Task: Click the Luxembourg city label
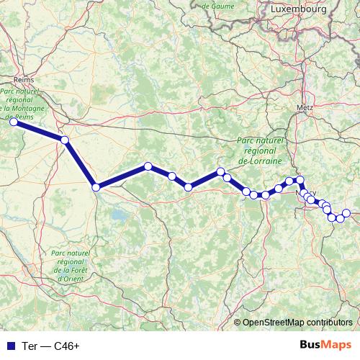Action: coord(299,9)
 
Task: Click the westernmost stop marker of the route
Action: coord(13,122)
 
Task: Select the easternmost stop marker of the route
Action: coord(346,212)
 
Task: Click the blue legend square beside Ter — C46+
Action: coord(8,346)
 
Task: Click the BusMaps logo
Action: coord(326,346)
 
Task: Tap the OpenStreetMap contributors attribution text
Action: coord(298,322)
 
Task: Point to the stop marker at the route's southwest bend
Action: coord(96,187)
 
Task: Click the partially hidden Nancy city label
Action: coord(304,192)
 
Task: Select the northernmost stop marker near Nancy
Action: coord(300,179)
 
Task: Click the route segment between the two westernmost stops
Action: coord(39,131)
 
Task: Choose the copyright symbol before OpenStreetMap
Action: coord(237,322)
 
